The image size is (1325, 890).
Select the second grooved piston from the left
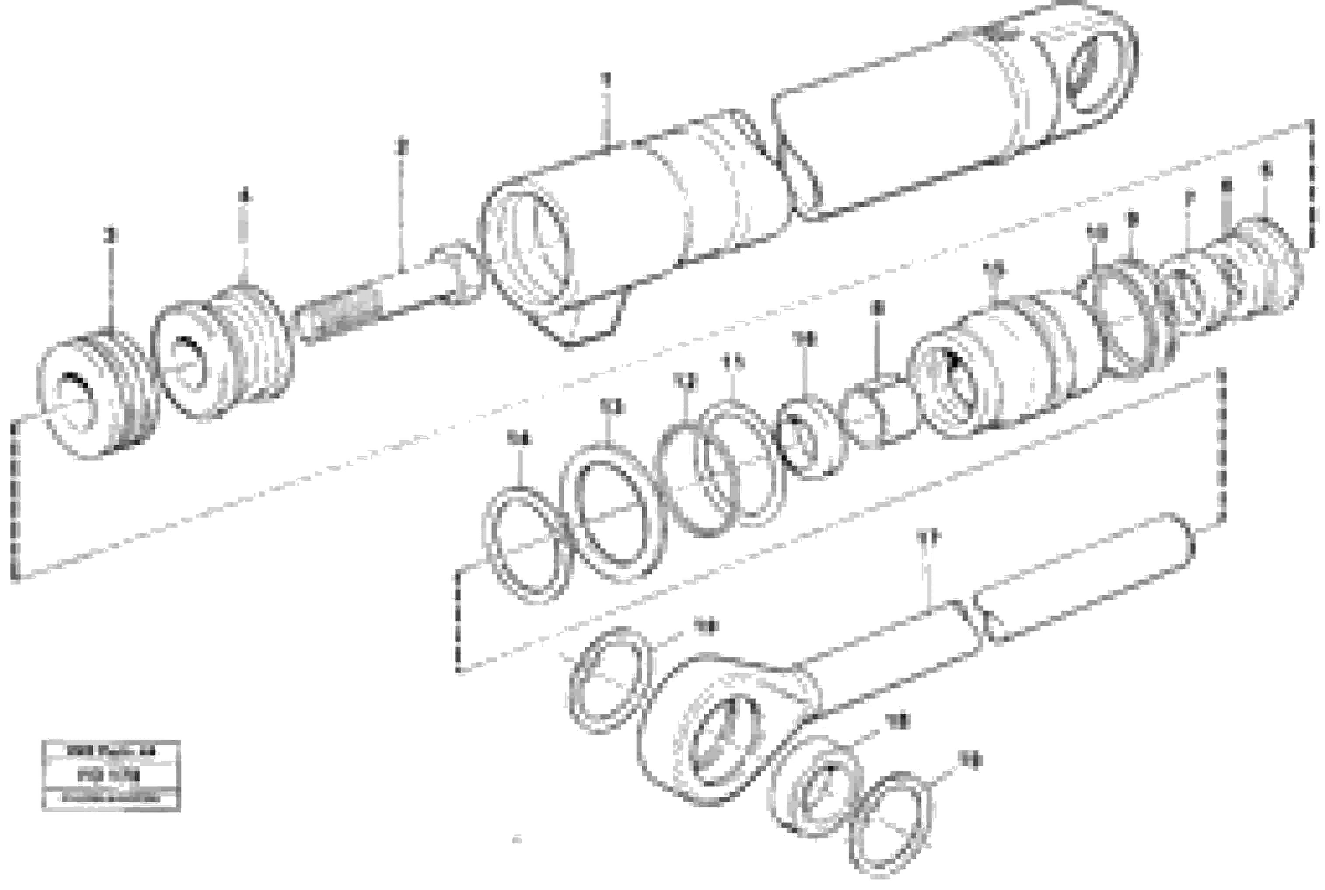[221, 355]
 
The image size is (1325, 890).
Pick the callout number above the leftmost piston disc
[111, 234]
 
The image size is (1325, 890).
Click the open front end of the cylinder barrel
[528, 250]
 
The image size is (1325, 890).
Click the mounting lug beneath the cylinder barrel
[591, 318]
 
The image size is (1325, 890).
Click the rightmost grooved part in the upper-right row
[1266, 267]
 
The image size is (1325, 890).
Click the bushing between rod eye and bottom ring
[818, 786]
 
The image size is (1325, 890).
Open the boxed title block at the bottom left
[111, 775]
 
